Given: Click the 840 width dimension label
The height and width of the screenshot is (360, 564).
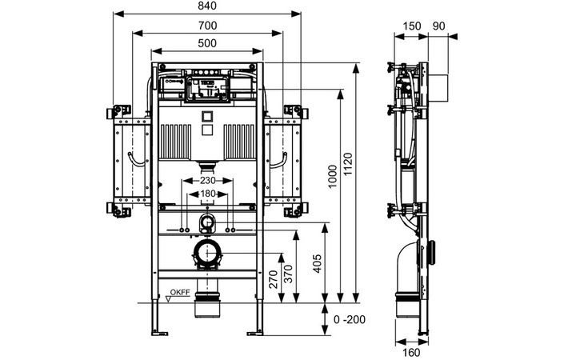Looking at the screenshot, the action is pyautogui.click(x=207, y=6).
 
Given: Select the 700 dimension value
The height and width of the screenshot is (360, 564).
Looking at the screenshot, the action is pyautogui.click(x=207, y=26).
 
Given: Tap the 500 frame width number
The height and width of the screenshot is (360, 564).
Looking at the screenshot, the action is pyautogui.click(x=207, y=43).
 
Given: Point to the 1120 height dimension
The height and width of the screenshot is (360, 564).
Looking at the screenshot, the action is pyautogui.click(x=348, y=165).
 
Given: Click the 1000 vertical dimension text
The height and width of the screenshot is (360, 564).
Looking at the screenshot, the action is pyautogui.click(x=332, y=176).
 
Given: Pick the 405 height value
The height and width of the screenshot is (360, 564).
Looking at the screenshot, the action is pyautogui.click(x=318, y=264).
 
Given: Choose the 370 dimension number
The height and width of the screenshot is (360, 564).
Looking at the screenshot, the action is pyautogui.click(x=289, y=274).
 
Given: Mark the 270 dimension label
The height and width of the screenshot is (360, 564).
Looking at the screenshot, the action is pyautogui.click(x=274, y=279).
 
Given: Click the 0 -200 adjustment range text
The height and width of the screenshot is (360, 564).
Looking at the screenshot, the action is pyautogui.click(x=350, y=319).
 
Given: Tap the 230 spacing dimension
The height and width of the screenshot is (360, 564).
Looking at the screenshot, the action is pyautogui.click(x=207, y=180).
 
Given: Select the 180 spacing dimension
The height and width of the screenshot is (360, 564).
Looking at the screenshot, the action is pyautogui.click(x=207, y=194).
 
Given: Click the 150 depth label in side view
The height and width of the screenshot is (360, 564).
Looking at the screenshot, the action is pyautogui.click(x=411, y=26).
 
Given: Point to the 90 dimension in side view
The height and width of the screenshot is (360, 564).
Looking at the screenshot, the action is pyautogui.click(x=438, y=26).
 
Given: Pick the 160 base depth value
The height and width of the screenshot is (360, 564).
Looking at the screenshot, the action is pyautogui.click(x=410, y=353).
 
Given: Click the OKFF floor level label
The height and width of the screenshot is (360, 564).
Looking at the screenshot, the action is pyautogui.click(x=180, y=292).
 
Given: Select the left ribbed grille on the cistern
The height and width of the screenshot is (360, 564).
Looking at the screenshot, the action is pyautogui.click(x=175, y=142).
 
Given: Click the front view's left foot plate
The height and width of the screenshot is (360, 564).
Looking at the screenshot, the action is pyautogui.click(x=160, y=333).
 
